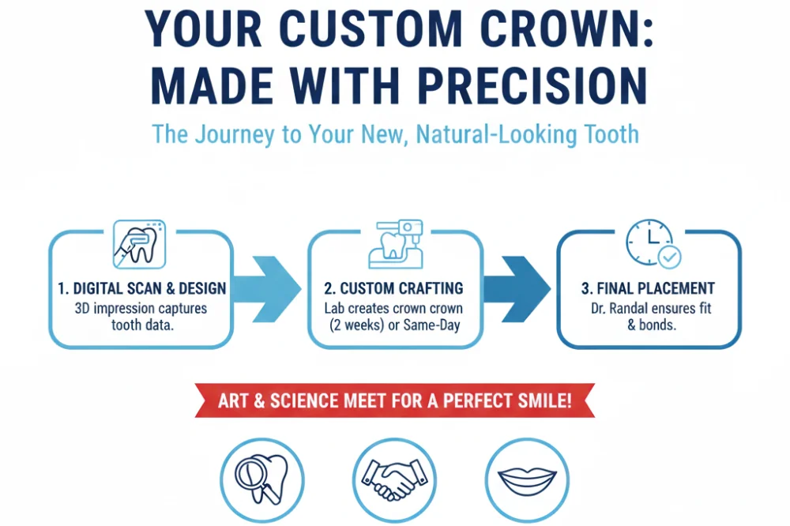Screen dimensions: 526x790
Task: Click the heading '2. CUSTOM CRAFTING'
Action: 394,289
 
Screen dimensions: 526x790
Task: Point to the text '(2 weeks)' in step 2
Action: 352,325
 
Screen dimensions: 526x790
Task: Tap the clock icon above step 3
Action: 648,242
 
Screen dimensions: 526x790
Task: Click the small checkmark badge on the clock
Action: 669,256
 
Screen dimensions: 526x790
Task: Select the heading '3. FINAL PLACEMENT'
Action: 648,289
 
